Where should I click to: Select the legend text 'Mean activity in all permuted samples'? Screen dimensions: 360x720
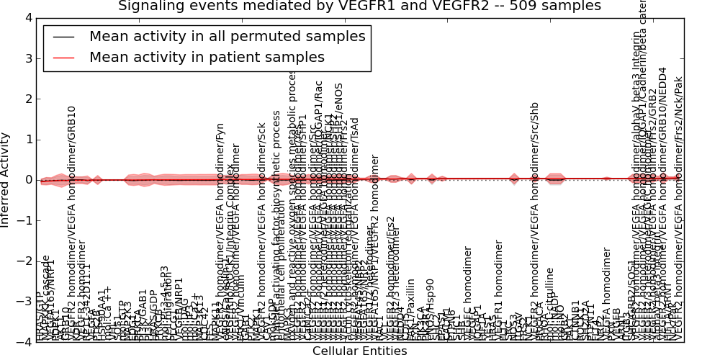(227, 37)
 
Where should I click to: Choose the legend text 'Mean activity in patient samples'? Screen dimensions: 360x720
(207, 57)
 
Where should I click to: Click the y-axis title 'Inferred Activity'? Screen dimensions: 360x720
(6, 179)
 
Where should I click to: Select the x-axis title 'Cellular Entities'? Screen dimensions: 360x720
(359, 351)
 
